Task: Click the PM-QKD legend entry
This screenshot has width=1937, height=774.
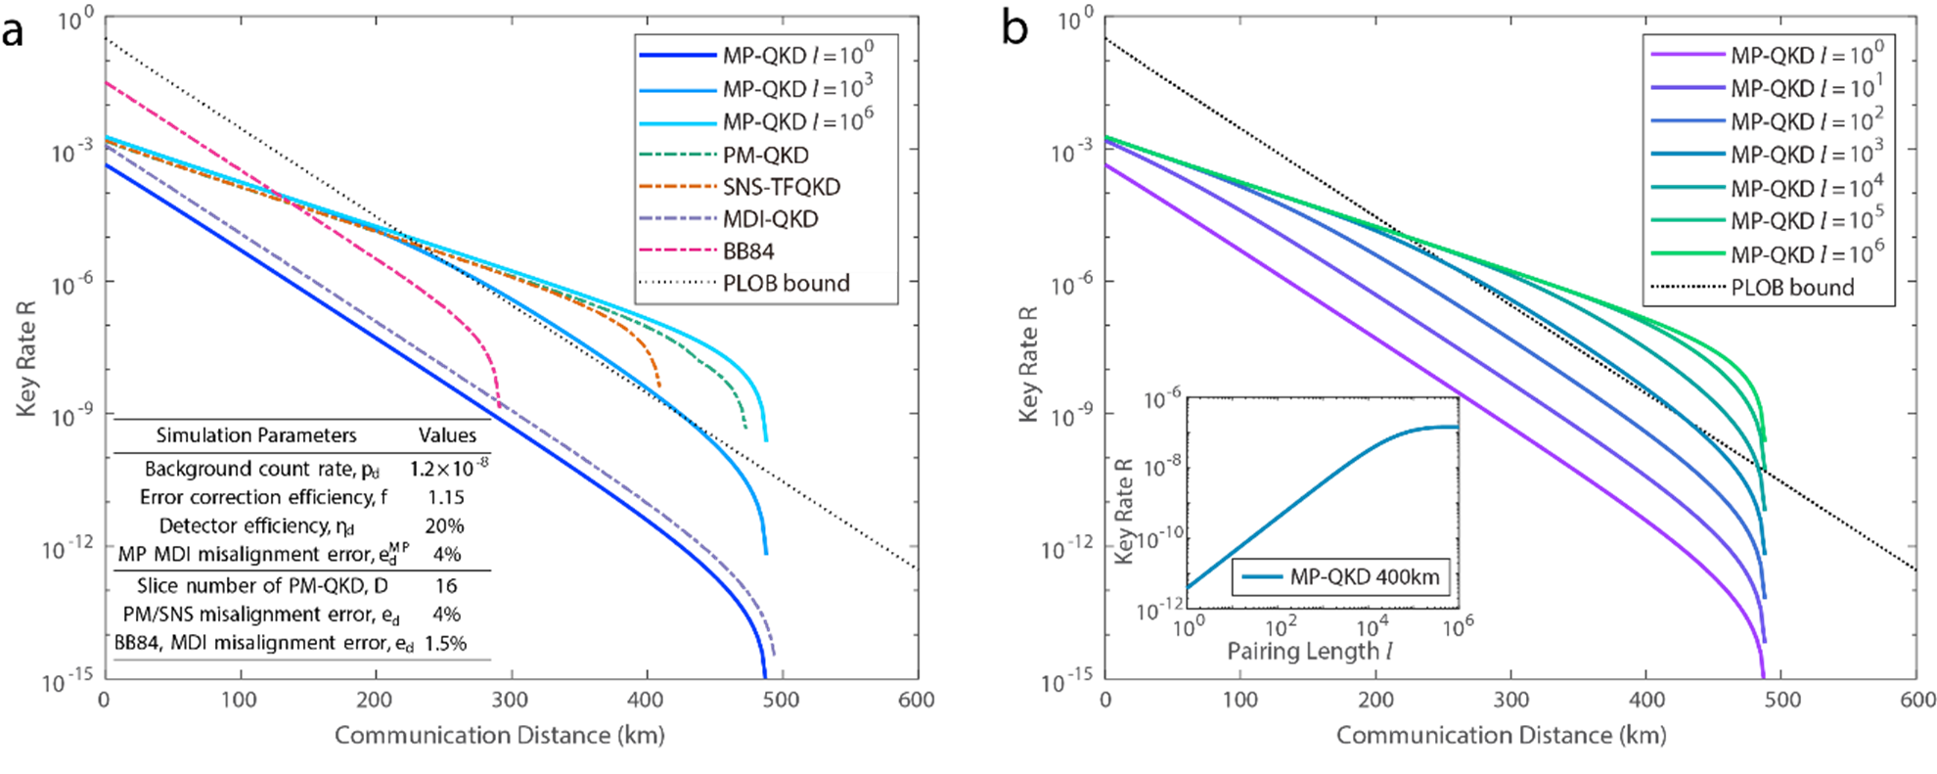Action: tap(765, 155)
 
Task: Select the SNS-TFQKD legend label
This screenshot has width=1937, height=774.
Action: tap(781, 187)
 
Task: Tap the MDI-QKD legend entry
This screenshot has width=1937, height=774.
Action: tap(770, 219)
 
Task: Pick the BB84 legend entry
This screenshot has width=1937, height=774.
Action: tap(748, 251)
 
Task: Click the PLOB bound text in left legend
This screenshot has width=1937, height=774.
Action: tap(786, 284)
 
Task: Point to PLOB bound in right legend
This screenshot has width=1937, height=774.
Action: tap(1791, 288)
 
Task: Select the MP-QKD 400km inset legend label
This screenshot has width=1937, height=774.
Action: tap(1364, 576)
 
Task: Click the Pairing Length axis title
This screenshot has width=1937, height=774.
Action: tap(1310, 651)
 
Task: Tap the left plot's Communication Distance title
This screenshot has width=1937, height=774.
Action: tap(499, 736)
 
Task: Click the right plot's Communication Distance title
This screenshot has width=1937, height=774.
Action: tap(1501, 736)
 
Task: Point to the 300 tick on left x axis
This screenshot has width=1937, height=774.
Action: tap(510, 700)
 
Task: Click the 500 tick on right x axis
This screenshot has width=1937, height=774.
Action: tap(1781, 700)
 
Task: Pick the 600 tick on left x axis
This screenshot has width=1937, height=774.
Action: tap(916, 700)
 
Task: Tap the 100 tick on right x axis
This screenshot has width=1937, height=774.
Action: tap(1240, 700)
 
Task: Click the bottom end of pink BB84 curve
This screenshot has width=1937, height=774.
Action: tap(499, 404)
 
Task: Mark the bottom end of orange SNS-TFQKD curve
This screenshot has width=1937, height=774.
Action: tap(659, 387)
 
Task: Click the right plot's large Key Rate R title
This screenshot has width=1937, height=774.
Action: tap(1028, 362)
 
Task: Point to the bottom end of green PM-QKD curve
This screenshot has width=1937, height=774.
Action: tap(745, 427)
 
